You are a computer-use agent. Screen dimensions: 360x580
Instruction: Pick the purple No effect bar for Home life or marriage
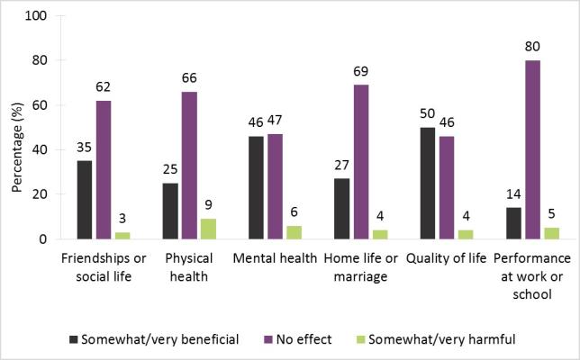tap(361, 162)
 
